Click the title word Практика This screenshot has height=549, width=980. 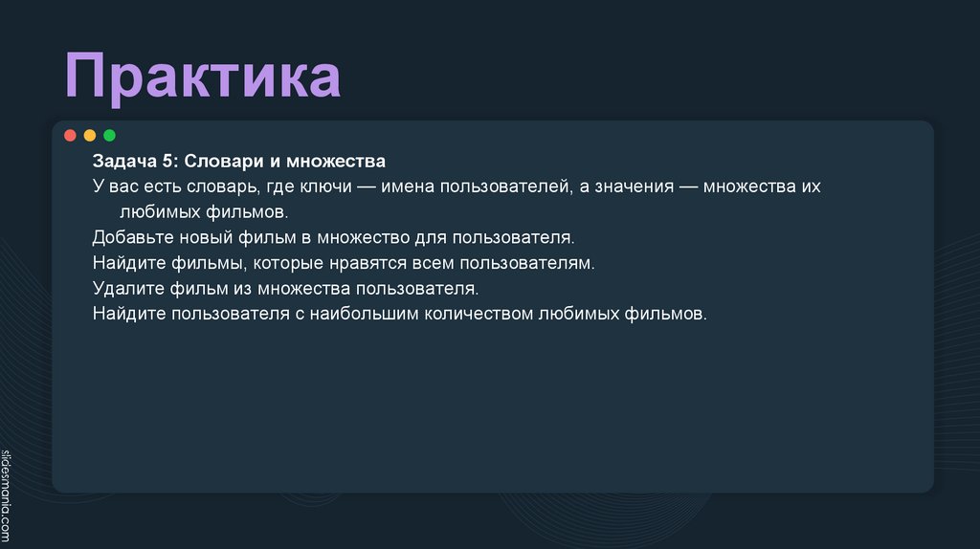pos(203,78)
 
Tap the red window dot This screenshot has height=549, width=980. pos(70,135)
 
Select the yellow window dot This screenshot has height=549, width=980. pos(90,135)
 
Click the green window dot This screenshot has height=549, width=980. pos(109,135)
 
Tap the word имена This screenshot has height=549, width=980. pos(407,187)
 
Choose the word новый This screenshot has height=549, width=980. pos(201,236)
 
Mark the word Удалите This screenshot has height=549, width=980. pos(124,288)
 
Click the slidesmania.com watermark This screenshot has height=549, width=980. pos(8,494)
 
